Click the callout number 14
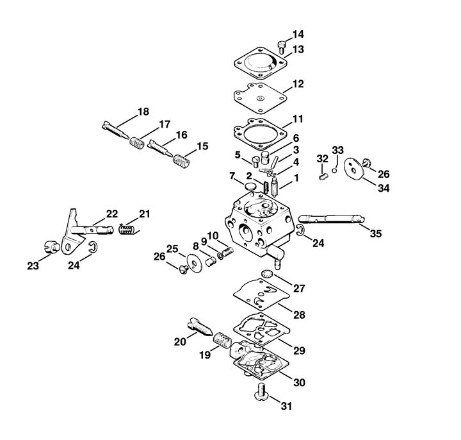[x=298, y=34]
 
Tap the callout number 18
[x=142, y=112]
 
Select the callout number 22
[x=112, y=214]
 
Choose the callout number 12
[x=298, y=84]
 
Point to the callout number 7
[x=232, y=176]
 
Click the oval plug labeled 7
[x=252, y=186]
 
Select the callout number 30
[x=298, y=383]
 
